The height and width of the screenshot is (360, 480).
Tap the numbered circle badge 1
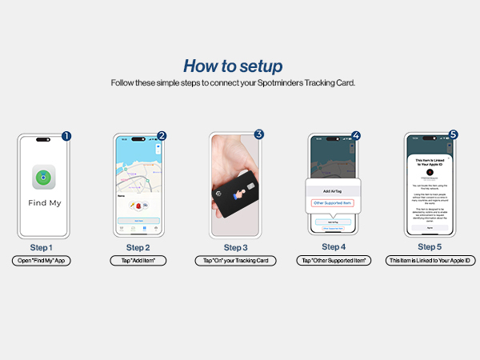click(66, 136)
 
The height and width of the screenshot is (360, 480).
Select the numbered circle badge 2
click(162, 136)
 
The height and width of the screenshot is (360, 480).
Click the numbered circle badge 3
click(258, 135)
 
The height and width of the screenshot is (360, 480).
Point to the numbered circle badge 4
click(355, 136)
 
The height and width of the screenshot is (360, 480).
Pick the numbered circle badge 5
click(453, 136)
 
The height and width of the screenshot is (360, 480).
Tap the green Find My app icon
click(45, 178)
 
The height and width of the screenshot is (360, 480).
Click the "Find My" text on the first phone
click(45, 203)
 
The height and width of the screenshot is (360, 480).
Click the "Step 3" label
click(235, 247)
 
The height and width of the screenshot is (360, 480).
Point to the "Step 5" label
click(430, 247)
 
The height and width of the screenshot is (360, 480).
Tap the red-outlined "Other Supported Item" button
click(332, 204)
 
